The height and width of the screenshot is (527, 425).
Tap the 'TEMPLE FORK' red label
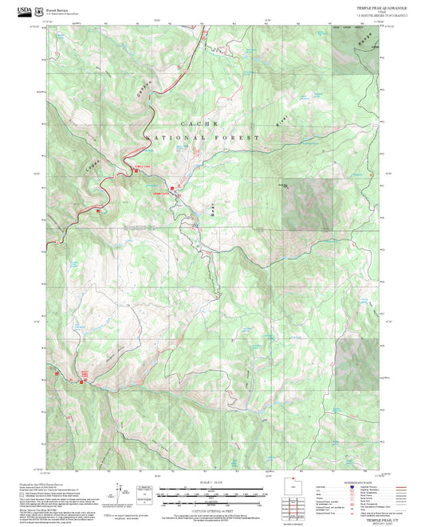[x=140, y=166]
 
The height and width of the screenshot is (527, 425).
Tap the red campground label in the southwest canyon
[x=84, y=373]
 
